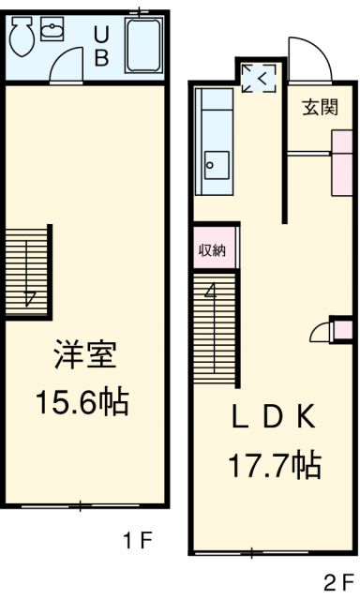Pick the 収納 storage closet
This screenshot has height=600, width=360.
[213, 250]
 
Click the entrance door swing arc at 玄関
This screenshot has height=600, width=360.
[307, 60]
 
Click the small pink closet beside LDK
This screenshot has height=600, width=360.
[342, 331]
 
